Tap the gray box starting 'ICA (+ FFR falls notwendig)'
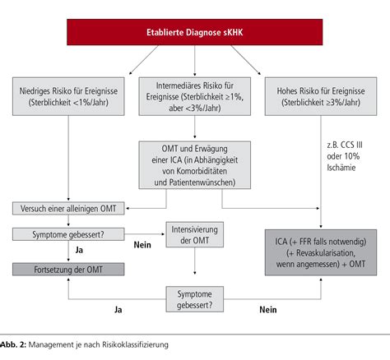coord(319,251)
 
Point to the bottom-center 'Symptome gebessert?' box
coord(195,298)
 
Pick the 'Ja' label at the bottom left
coord(118,311)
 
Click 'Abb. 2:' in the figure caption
coord(14,346)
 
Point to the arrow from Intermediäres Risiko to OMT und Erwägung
coord(195,129)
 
